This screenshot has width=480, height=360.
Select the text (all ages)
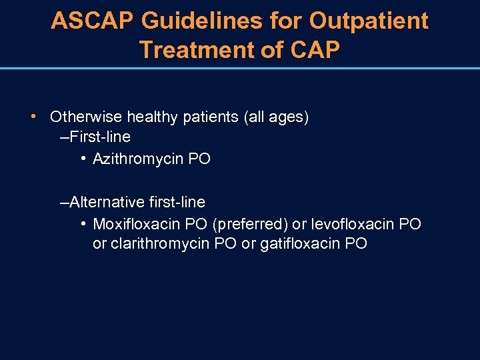[277, 117]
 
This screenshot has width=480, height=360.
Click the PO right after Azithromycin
[199, 159]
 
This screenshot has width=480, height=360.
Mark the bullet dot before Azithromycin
[82, 158]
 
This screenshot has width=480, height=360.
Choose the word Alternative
[107, 202]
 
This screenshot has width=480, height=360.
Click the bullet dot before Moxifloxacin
[82, 223]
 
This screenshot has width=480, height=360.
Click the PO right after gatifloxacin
[356, 244]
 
